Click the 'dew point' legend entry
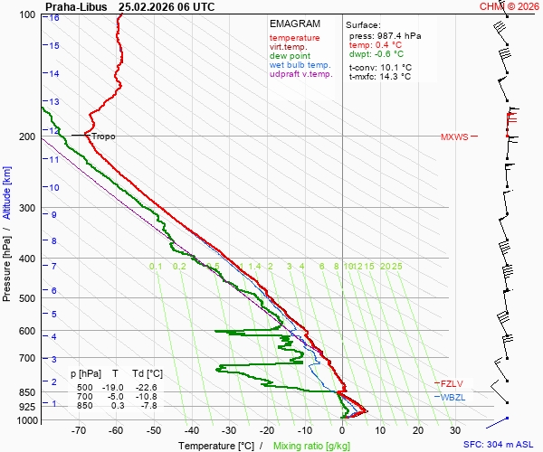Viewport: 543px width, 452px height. click(290, 56)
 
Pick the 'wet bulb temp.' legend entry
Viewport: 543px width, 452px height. click(300, 65)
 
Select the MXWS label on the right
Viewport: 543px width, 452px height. click(454, 137)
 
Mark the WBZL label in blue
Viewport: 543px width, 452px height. click(452, 397)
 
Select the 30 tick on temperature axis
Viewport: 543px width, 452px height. click(455, 431)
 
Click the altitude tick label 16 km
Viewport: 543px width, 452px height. click(54, 17)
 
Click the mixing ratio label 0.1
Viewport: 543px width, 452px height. click(156, 266)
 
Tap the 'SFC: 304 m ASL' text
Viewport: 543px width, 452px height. click(499, 445)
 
